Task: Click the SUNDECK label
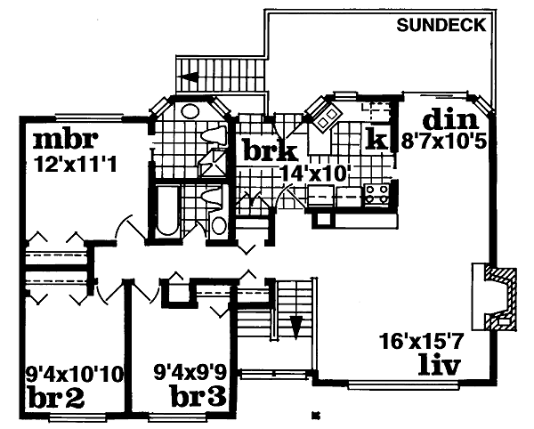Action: [441, 25]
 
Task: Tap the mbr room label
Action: [66, 140]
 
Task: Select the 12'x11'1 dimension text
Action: [76, 165]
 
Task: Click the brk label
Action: [271, 151]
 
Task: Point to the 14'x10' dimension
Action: [315, 174]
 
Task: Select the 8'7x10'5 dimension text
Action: [443, 142]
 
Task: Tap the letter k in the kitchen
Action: [376, 140]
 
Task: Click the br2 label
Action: [57, 398]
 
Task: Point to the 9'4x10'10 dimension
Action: [74, 375]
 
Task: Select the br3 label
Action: [198, 397]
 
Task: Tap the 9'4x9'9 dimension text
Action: [190, 373]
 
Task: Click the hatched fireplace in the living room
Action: [500, 299]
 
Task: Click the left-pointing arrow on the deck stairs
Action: [190, 77]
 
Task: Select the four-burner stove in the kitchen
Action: [377, 195]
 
